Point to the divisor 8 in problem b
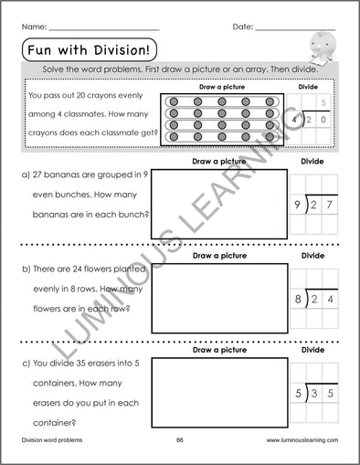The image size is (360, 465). coord(298,299)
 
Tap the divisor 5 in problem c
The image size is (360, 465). coord(298,393)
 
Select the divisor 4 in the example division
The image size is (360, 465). coord(296,120)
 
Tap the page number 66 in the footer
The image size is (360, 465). coord(180,439)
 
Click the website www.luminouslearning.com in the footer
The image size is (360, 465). coord(302,439)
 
